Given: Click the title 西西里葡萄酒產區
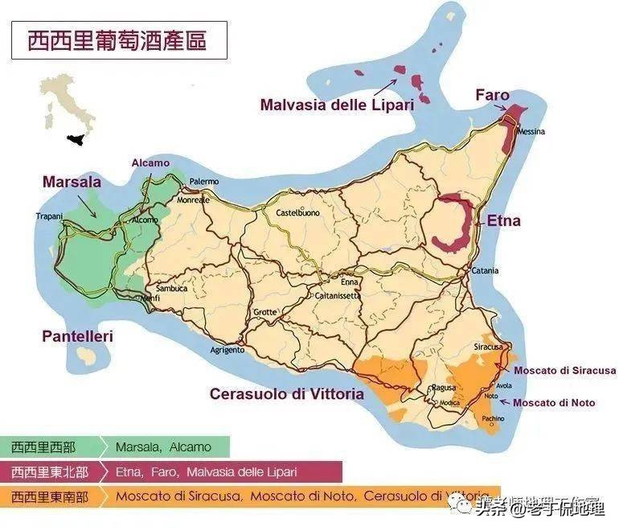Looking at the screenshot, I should coord(117,39).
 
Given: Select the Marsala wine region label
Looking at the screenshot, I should coord(72,183).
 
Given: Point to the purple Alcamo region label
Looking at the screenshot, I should coord(150,163).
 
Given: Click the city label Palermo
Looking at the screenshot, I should coord(204,182).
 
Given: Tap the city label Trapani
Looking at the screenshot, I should coord(49,216).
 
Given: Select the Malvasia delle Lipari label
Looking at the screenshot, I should coord(336,105).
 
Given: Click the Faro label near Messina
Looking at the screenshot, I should coord(492,95).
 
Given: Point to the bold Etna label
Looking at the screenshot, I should coord(503,220).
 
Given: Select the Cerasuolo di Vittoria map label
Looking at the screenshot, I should coord(286,394).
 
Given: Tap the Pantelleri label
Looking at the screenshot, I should coord(78,336).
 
